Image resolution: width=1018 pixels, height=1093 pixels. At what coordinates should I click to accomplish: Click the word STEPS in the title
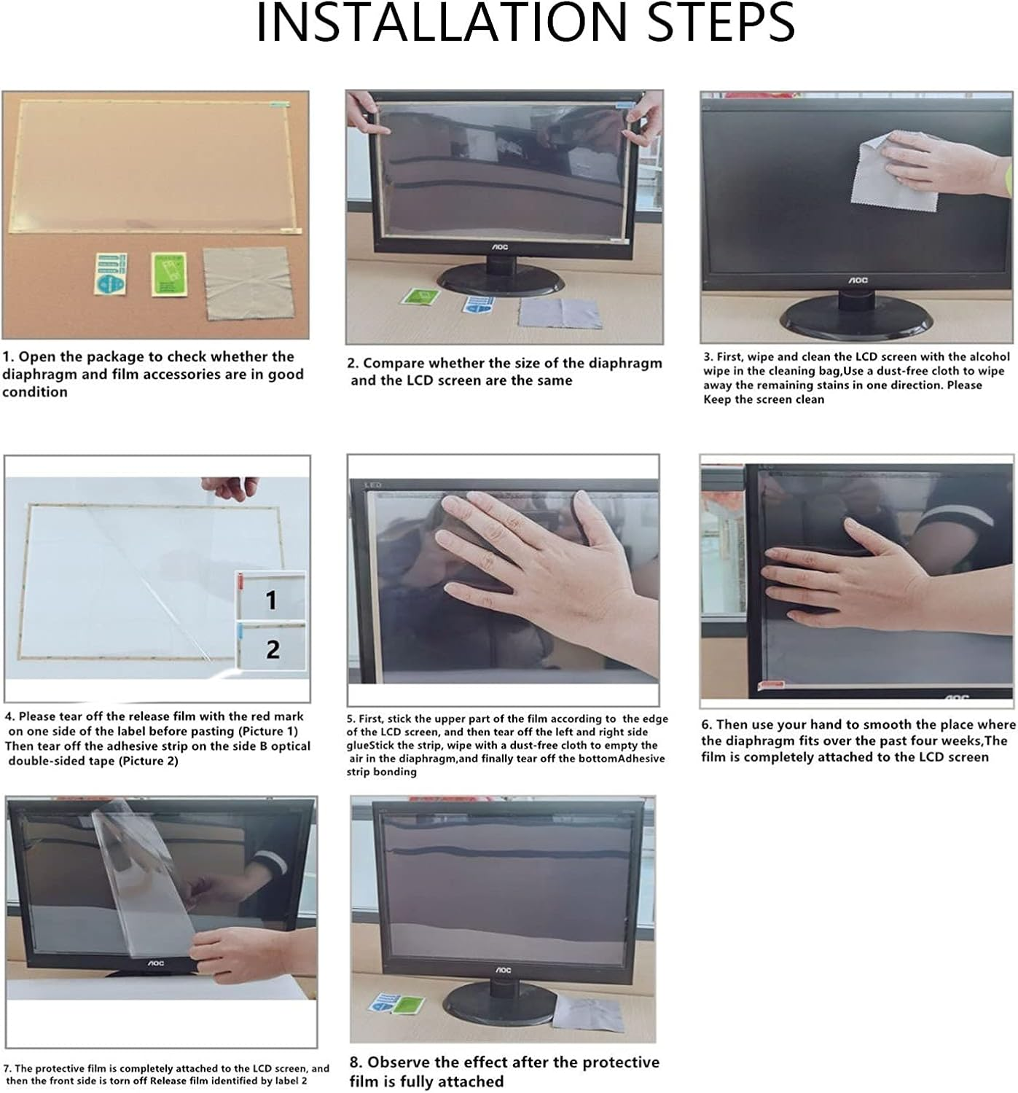coord(721,23)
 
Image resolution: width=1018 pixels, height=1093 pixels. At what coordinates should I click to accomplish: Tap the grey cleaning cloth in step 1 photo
coord(249,283)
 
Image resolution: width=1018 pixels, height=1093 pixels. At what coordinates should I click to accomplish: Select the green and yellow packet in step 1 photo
coord(169,275)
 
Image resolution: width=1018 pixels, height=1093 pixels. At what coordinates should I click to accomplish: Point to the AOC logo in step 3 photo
coord(858,280)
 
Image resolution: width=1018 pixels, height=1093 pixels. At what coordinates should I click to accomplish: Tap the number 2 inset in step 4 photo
coord(272,648)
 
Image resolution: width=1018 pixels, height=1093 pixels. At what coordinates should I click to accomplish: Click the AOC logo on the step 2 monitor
coord(499,247)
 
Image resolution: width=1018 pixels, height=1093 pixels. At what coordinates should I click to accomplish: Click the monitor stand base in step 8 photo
coord(499,1003)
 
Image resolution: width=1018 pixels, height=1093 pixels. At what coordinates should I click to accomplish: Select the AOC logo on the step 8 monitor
coord(504,971)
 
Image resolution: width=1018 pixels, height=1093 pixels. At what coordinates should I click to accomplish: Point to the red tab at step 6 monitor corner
coord(771,685)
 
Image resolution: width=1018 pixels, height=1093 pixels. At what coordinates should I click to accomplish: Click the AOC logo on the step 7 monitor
coord(156,963)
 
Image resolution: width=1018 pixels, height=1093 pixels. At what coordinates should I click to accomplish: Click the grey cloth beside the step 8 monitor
coord(587,1013)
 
